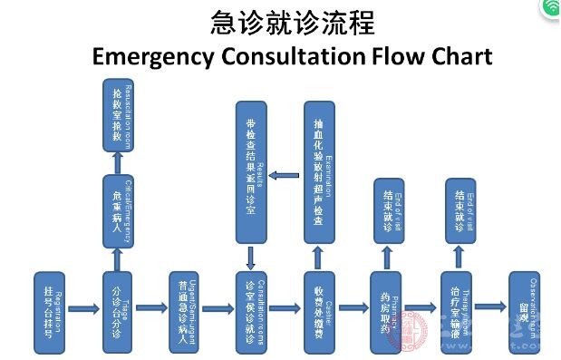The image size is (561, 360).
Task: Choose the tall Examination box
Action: coord(319,173)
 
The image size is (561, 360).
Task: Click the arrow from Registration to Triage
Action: coord(82,309)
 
